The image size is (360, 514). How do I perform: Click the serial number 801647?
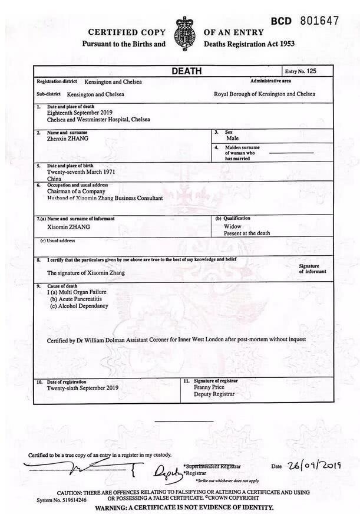(319, 21)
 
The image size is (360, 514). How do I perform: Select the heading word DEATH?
(186, 71)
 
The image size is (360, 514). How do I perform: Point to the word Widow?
(233, 226)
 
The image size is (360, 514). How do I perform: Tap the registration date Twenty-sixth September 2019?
(82, 388)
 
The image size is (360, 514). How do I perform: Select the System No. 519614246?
(61, 500)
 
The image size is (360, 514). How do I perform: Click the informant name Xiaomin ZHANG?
(68, 226)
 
